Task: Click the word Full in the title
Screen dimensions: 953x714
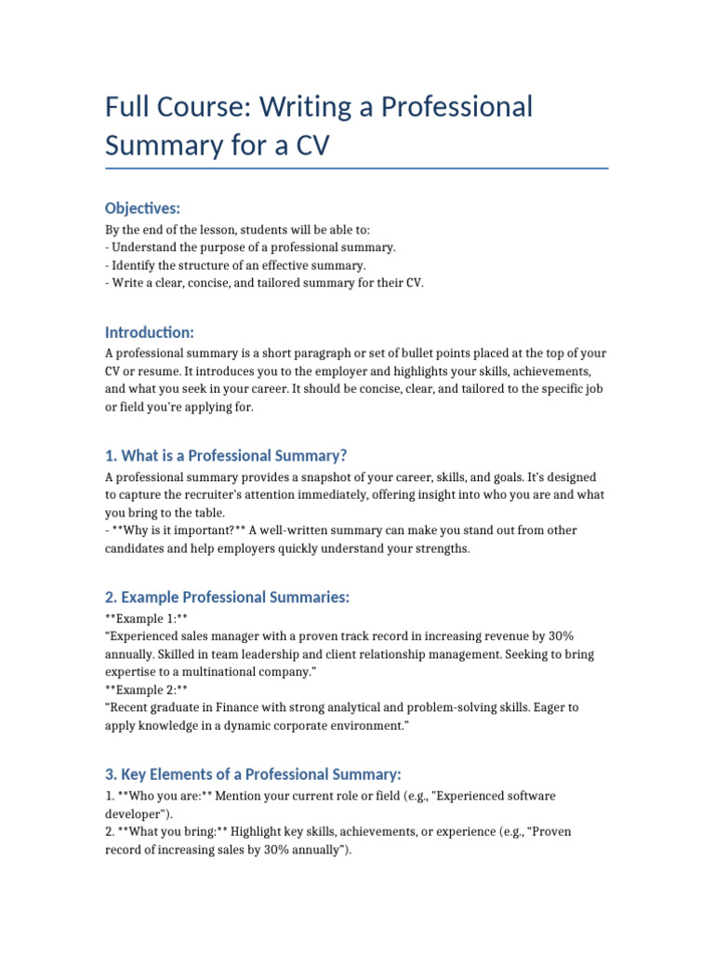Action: click(x=127, y=107)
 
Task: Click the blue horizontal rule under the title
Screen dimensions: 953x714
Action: click(x=357, y=168)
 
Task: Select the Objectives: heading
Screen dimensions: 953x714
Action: click(x=142, y=208)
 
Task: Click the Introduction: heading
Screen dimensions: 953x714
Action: click(x=149, y=332)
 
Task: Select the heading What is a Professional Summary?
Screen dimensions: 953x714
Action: click(x=226, y=455)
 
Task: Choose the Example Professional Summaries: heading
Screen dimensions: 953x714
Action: click(x=227, y=597)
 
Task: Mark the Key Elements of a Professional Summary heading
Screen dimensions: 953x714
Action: click(x=252, y=774)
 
